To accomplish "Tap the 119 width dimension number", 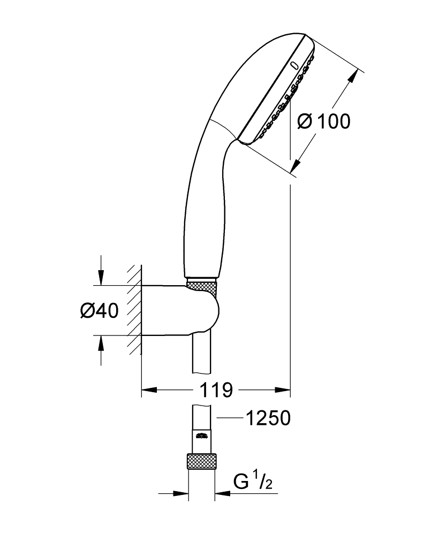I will [x=217, y=390].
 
